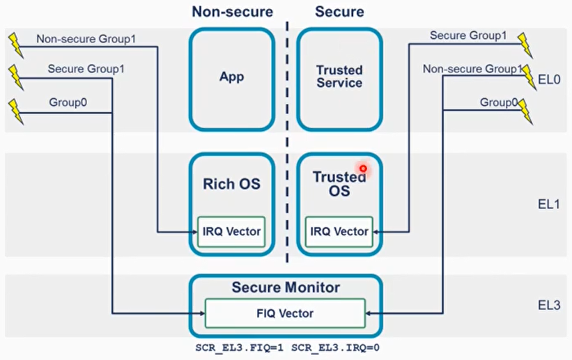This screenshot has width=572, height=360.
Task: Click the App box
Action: pyautogui.click(x=231, y=77)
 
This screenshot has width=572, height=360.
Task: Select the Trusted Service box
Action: pyautogui.click(x=339, y=77)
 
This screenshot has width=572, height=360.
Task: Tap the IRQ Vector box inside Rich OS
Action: pyautogui.click(x=231, y=232)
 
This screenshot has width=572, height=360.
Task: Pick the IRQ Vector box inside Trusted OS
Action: pyautogui.click(x=339, y=232)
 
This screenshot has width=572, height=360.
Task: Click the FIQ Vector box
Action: pyautogui.click(x=284, y=313)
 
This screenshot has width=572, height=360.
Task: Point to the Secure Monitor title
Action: pyautogui.click(x=286, y=288)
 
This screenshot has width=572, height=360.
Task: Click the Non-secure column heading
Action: pyautogui.click(x=231, y=11)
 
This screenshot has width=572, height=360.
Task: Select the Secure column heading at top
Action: pyautogui.click(x=339, y=11)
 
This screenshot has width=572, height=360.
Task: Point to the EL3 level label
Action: pyautogui.click(x=549, y=305)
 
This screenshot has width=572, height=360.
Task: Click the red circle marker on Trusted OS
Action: pyautogui.click(x=363, y=169)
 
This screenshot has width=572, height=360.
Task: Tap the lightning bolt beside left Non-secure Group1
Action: pyautogui.click(x=15, y=43)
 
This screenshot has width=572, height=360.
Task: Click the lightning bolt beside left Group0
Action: pyautogui.click(x=15, y=110)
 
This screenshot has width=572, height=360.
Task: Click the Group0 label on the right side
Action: pyautogui.click(x=498, y=102)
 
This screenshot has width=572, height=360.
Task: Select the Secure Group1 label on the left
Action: pyautogui.click(x=77, y=69)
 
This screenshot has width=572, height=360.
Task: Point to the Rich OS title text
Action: pyautogui.click(x=231, y=185)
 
